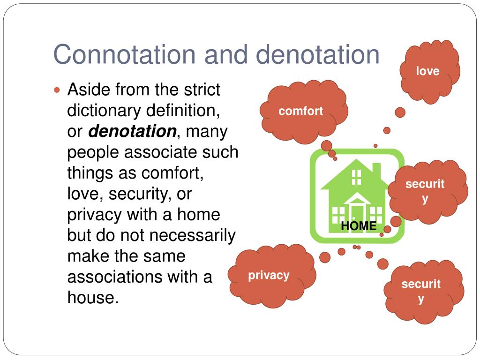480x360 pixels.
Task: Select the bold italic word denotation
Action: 132,132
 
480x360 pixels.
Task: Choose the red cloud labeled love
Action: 427,71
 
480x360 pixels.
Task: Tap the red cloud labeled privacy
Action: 269,275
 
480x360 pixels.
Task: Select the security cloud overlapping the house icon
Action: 425,190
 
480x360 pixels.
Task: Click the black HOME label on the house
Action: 359,226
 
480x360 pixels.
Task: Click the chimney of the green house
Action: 376,170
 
